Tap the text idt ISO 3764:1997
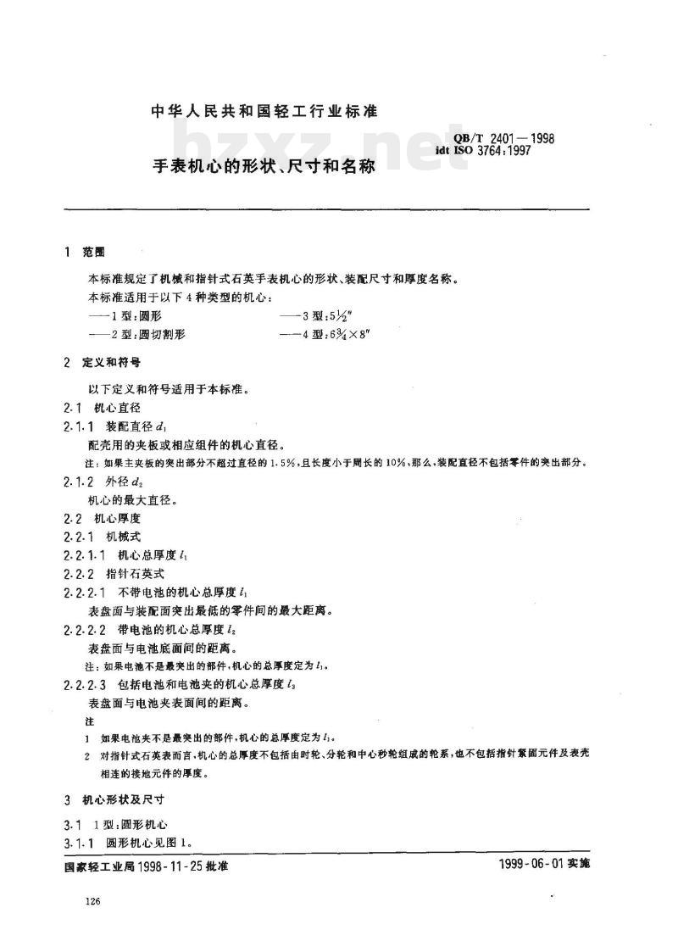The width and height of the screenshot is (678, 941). coord(495,153)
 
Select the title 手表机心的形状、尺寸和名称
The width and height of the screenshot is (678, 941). coord(264,167)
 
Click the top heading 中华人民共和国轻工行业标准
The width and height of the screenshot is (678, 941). coord(264,111)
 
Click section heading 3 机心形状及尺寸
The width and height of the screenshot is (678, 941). coord(114,799)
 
